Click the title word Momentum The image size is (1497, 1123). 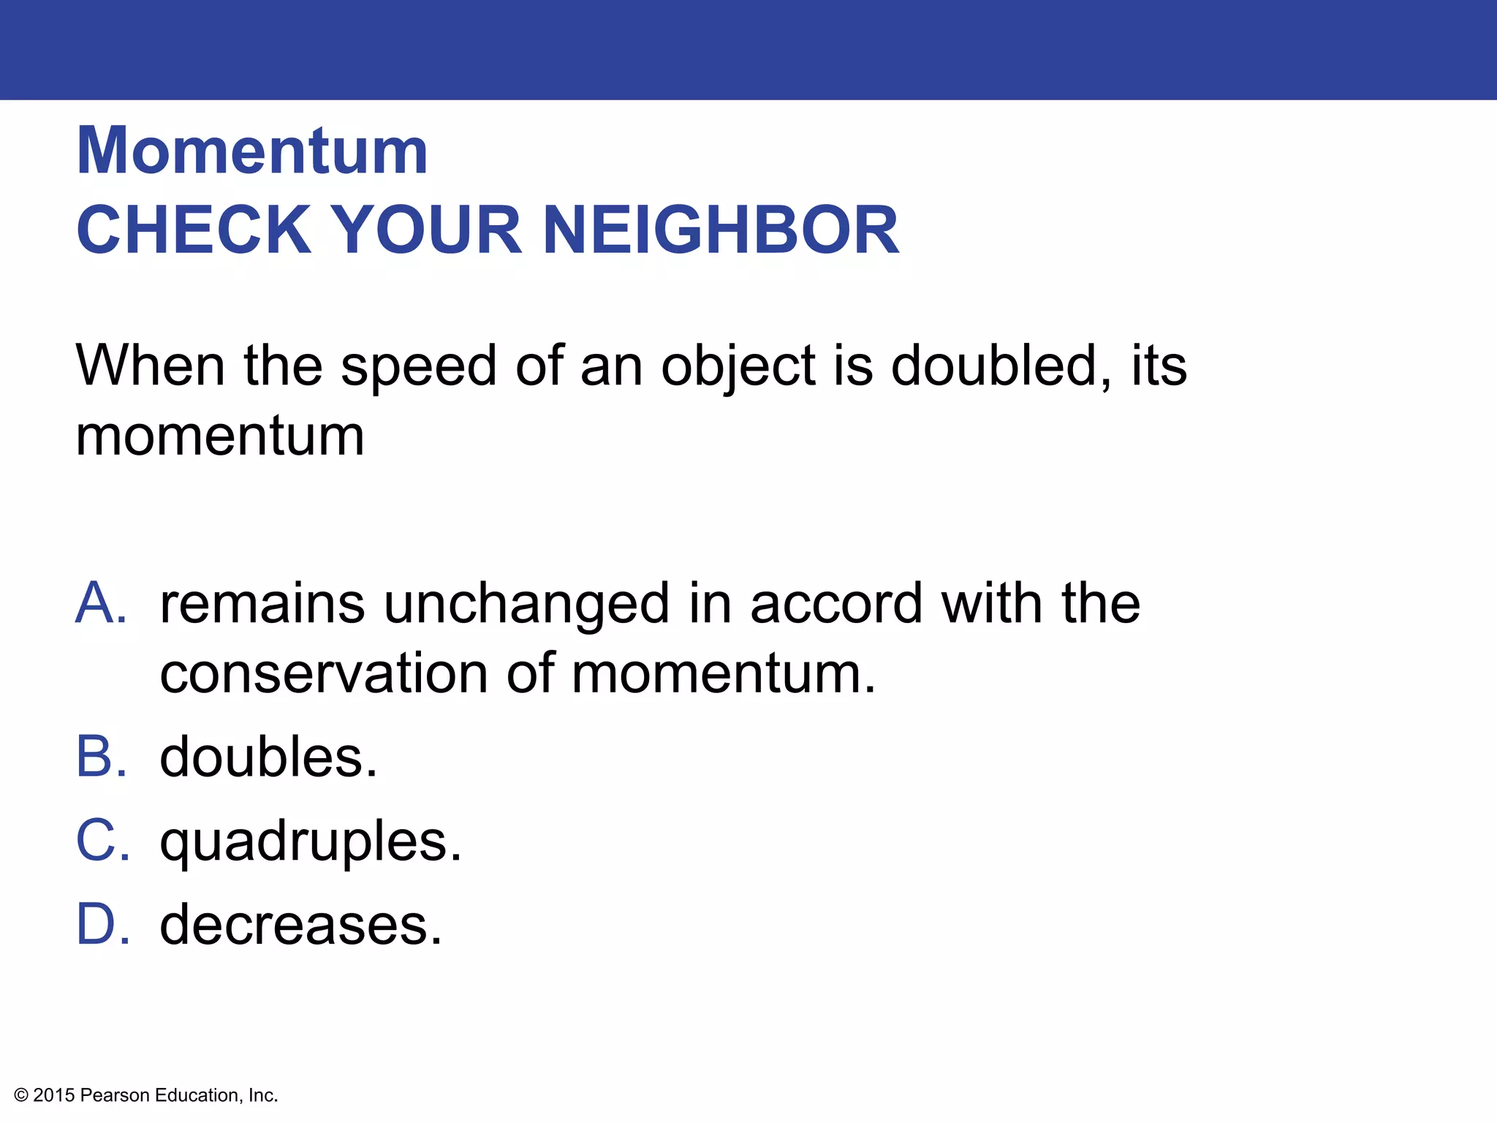(252, 151)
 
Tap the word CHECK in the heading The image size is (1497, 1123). (194, 230)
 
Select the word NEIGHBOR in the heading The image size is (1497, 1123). (721, 230)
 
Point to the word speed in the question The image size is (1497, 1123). (419, 366)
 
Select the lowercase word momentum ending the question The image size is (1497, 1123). (220, 436)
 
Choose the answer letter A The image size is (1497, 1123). (101, 604)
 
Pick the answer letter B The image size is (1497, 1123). (101, 757)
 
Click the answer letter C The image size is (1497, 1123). (102, 841)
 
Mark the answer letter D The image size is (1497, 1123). (102, 925)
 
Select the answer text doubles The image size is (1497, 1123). (268, 757)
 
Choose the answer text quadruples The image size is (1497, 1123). (311, 842)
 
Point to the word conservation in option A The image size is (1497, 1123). (324, 673)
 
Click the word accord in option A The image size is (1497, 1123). (837, 604)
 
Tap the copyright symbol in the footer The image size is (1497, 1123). (21, 1095)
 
